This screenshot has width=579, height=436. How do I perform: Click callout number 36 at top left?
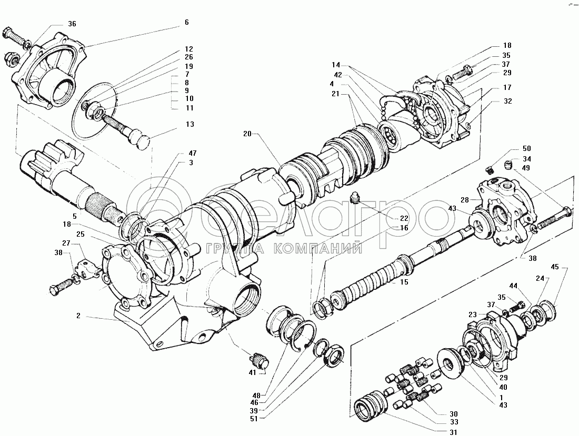(72, 24)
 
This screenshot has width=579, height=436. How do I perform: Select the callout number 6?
(186, 23)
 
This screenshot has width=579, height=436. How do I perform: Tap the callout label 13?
(190, 124)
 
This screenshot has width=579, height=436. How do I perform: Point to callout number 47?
(192, 153)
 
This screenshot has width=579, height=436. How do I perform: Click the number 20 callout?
(247, 134)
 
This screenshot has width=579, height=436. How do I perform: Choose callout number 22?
(404, 218)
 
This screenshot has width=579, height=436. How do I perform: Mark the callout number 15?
(404, 282)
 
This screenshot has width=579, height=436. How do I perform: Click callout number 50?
(526, 149)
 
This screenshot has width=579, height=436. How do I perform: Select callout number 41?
(252, 372)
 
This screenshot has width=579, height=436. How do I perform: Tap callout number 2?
(78, 316)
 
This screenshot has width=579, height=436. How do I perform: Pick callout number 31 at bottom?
(453, 432)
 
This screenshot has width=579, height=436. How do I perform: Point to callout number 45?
(555, 267)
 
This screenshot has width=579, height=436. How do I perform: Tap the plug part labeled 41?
(260, 360)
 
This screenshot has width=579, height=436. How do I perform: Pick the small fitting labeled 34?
(510, 164)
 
